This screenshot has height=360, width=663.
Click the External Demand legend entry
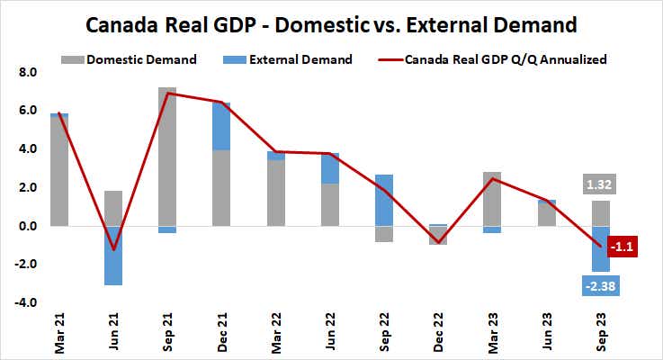[x=301, y=60]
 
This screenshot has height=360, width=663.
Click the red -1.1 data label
[x=622, y=246]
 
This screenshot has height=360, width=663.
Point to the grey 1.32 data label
[x=600, y=185]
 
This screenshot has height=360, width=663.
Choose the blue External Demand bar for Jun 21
[x=113, y=256]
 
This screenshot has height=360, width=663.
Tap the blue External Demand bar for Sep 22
[x=383, y=200]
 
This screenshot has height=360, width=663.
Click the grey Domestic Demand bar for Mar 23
[x=492, y=199]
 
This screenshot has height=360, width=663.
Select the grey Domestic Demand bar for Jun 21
[x=113, y=208]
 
